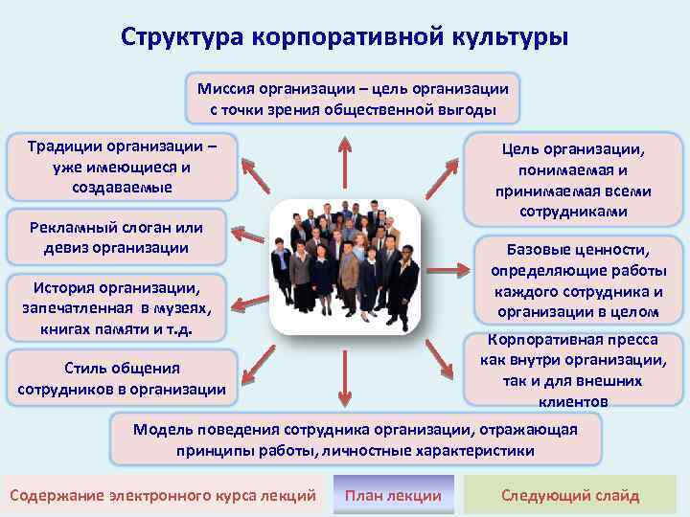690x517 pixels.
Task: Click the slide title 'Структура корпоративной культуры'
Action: pyautogui.click(x=344, y=35)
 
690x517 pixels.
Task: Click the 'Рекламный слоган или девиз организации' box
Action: pyautogui.click(x=115, y=236)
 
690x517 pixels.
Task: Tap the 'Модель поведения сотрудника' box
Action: pyautogui.click(x=356, y=439)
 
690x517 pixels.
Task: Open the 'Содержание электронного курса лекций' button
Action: pyautogui.click(x=162, y=495)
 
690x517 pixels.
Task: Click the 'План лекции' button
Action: pyautogui.click(x=393, y=495)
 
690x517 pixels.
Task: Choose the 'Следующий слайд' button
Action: pyautogui.click(x=570, y=495)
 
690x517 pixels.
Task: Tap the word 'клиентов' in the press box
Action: pyautogui.click(x=575, y=402)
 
